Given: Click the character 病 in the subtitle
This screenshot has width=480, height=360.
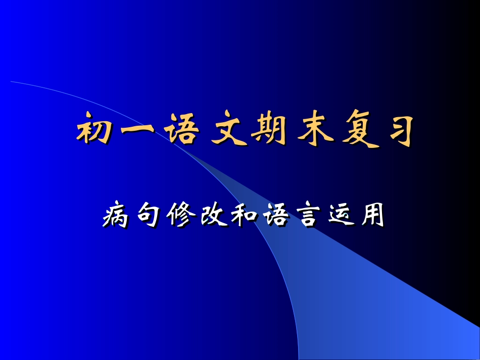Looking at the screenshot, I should [117, 218].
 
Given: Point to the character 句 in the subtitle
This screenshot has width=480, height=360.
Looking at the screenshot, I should [148, 218].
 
